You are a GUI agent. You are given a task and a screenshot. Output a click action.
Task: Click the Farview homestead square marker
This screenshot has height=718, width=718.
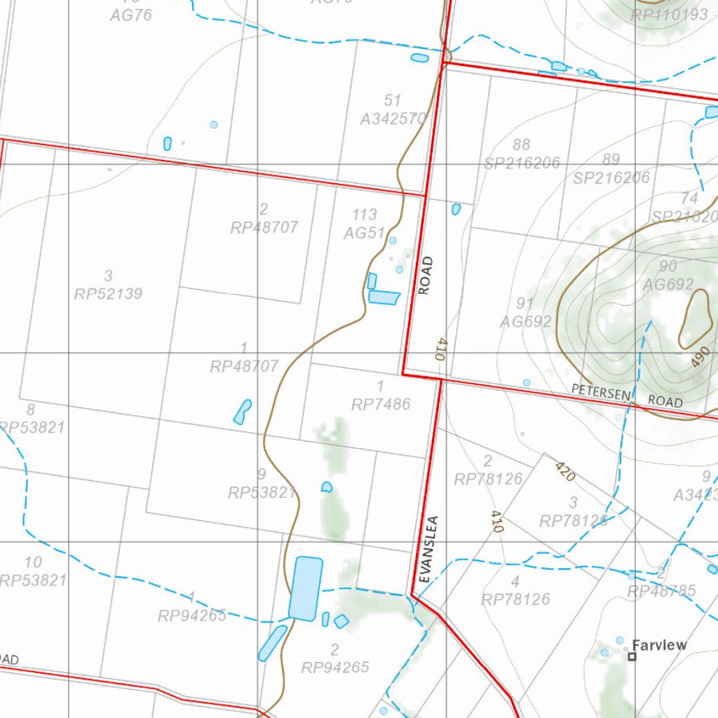pyautogui.click(x=632, y=657)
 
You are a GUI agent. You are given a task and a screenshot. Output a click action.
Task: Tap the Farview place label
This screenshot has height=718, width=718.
pyautogui.click(x=659, y=645)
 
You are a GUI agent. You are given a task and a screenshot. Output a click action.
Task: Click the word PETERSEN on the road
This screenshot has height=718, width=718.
pyautogui.click(x=601, y=393)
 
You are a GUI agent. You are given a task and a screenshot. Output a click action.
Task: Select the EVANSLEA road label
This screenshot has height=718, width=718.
pyautogui.click(x=431, y=550)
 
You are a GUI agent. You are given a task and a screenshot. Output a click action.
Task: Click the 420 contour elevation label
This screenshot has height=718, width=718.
pyautogui.click(x=565, y=471)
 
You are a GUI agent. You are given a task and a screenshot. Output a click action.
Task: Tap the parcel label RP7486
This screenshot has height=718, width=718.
pyautogui.click(x=381, y=404)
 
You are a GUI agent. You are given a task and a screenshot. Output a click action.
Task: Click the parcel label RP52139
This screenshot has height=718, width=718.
pyautogui.click(x=108, y=293)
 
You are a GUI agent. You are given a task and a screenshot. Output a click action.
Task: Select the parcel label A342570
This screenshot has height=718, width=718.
pyautogui.click(x=393, y=119)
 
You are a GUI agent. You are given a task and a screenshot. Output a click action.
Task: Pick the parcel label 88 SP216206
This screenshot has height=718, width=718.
pyautogui.click(x=522, y=155)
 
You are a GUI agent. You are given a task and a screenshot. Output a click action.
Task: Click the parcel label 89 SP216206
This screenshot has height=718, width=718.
pyautogui.click(x=611, y=169)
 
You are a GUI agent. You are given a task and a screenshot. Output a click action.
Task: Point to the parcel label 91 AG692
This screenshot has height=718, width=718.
pyautogui.click(x=525, y=313)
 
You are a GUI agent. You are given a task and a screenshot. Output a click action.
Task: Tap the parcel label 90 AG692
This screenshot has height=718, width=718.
pyautogui.click(x=668, y=276)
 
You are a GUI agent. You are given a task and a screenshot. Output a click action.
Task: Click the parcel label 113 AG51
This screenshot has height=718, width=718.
pyautogui.click(x=364, y=224)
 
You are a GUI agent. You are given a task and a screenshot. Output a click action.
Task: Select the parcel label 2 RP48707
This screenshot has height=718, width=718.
pyautogui.click(x=264, y=218)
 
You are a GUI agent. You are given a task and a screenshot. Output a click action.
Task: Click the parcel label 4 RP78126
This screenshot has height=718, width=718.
pyautogui.click(x=515, y=590)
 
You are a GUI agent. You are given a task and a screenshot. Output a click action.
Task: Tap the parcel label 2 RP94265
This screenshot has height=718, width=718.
pyautogui.click(x=335, y=658)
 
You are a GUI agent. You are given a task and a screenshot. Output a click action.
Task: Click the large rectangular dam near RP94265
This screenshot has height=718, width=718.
pyautogui.click(x=306, y=588)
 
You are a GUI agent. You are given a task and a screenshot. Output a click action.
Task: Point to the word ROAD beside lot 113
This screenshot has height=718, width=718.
pyautogui.click(x=426, y=276)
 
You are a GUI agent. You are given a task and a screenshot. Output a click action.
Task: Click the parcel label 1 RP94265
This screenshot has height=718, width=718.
pyautogui.click(x=192, y=607)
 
